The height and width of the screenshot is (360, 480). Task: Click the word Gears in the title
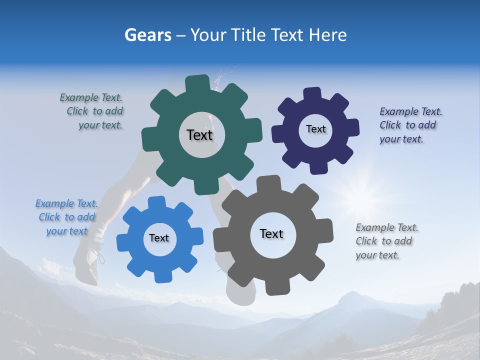[147, 35]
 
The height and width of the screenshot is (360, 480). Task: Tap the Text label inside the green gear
[199, 135]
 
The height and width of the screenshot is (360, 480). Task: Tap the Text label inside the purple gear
[315, 129]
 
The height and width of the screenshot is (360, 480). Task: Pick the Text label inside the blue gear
[159, 238]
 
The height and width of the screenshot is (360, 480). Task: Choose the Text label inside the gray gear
[271, 233]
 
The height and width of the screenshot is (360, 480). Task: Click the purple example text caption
[410, 125]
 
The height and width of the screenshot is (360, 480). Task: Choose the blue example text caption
[67, 217]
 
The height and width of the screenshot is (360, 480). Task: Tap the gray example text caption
[386, 241]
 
